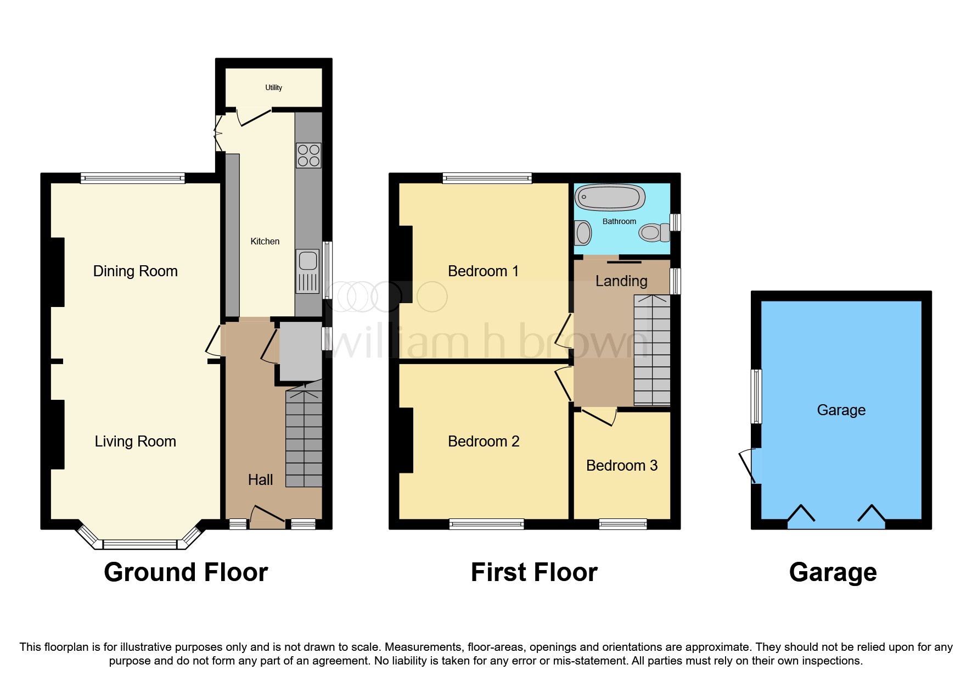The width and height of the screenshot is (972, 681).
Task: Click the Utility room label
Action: click(x=273, y=87)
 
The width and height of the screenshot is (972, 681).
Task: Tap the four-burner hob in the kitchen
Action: click(x=308, y=155)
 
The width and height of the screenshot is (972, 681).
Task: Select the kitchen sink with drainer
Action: click(x=307, y=271)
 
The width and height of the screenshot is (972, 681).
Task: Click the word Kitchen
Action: click(x=265, y=241)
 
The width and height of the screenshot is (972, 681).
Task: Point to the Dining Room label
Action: click(x=135, y=271)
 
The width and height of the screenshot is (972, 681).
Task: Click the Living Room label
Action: click(x=135, y=441)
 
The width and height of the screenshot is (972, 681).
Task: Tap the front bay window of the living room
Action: click(x=140, y=544)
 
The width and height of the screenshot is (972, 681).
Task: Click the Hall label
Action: click(x=260, y=479)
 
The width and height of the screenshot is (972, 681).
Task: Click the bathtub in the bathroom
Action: click(x=609, y=197)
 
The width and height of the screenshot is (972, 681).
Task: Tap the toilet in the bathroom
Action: click(x=654, y=232)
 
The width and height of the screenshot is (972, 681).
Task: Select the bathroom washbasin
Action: click(x=582, y=233)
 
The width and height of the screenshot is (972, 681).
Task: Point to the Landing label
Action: click(x=621, y=281)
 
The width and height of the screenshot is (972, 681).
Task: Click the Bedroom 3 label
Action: click(x=621, y=465)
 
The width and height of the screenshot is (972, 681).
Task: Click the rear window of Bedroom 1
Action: click(x=487, y=178)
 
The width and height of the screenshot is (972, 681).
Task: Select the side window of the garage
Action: click(x=756, y=396)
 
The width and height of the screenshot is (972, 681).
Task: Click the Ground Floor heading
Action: click(x=186, y=572)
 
